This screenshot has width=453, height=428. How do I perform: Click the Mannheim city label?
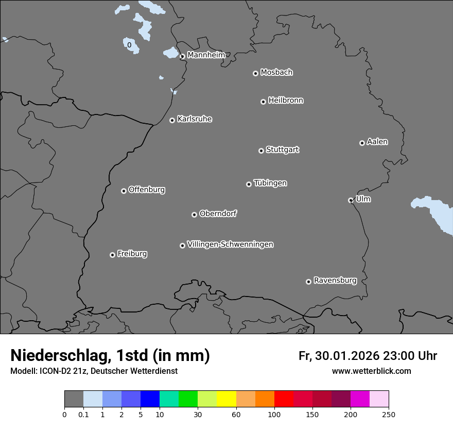click(206, 55)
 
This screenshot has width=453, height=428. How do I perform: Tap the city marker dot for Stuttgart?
click(261, 151)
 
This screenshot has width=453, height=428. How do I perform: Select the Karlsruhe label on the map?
click(195, 119)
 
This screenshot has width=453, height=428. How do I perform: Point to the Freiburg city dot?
click(112, 255)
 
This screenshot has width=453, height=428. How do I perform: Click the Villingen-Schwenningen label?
click(230, 244)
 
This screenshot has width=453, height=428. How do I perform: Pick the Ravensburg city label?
click(335, 281)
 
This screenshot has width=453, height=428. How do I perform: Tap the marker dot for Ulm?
click(351, 200)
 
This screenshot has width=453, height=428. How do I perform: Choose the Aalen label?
click(377, 142)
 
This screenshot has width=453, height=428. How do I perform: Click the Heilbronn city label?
click(286, 101)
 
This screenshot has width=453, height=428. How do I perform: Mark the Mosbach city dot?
click(255, 73)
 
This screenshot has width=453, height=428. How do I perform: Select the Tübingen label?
click(270, 183)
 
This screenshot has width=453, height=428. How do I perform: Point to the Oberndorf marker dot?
click(194, 215)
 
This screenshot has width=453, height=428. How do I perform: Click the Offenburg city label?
click(147, 190)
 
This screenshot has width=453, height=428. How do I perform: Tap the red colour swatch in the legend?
click(284, 399)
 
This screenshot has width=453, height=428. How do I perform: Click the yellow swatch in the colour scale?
click(226, 399)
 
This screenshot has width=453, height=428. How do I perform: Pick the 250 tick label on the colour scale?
click(389, 414)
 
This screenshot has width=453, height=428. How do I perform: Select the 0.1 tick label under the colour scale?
click(83, 414)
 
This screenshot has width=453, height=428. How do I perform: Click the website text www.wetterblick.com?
click(371, 371)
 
